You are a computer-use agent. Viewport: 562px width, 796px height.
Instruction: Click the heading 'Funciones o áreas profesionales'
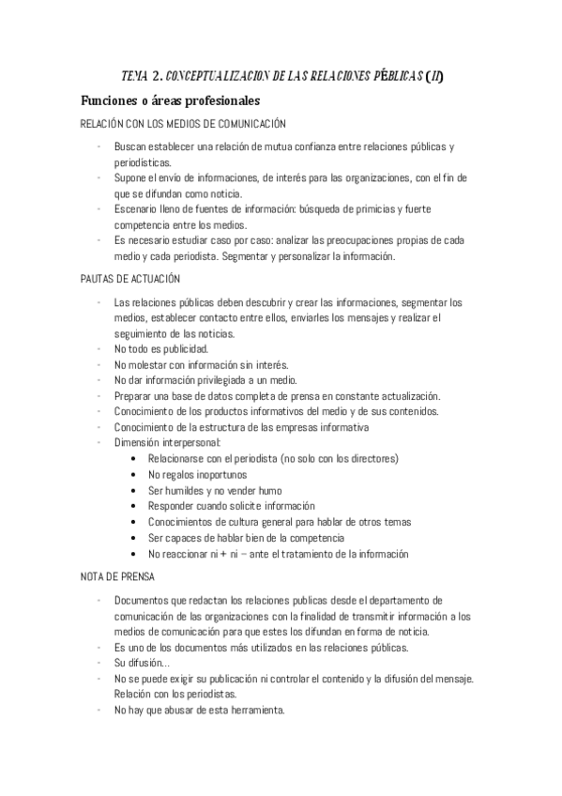[x=170, y=100]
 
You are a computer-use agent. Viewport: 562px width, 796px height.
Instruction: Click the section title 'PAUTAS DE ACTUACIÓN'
[x=131, y=280]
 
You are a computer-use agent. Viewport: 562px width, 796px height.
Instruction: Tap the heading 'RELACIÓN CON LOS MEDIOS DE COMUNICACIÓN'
[x=183, y=124]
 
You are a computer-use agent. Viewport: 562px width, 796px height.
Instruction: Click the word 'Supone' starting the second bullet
[x=129, y=178]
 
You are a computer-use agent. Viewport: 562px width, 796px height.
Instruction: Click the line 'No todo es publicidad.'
[x=161, y=349]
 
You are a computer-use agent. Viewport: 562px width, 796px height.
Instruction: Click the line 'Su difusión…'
[x=142, y=662]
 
